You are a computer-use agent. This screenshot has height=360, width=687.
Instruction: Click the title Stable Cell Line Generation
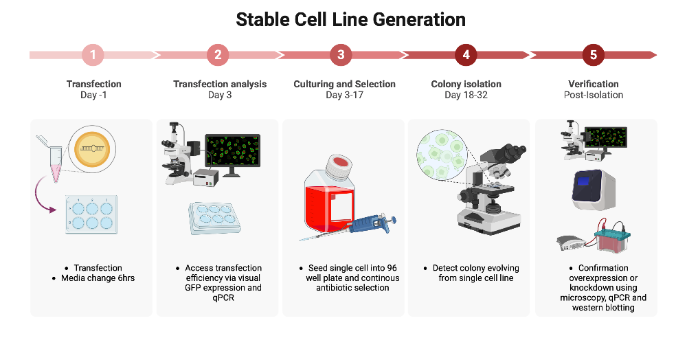click(350, 19)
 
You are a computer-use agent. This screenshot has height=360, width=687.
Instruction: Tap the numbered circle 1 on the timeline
click(93, 55)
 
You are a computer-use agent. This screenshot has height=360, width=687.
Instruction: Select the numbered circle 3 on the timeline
click(341, 55)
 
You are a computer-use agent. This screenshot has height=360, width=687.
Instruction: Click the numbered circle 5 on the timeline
click(593, 55)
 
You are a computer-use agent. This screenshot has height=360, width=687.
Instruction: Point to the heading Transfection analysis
click(220, 84)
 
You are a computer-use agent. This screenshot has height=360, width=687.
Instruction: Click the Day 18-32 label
click(466, 95)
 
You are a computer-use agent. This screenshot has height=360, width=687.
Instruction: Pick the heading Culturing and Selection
click(344, 84)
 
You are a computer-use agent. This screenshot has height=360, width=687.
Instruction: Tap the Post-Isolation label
click(593, 95)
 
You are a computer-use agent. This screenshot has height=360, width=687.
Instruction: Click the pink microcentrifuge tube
click(53, 163)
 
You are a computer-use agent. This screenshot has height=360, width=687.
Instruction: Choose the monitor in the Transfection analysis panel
click(233, 153)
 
